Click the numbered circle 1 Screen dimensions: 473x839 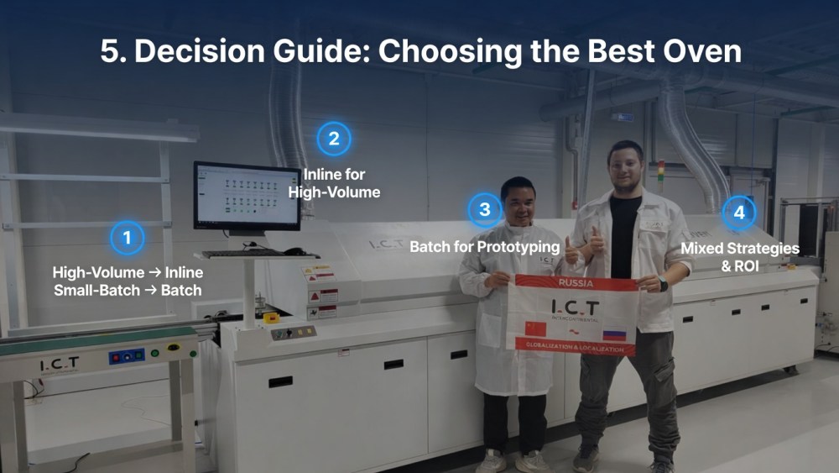pyautogui.click(x=127, y=238)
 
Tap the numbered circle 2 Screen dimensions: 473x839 pyautogui.click(x=334, y=139)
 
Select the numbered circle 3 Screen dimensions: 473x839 pyautogui.click(x=484, y=209)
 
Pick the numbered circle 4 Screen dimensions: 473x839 pyautogui.click(x=738, y=213)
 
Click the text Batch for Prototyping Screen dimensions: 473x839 pyautogui.click(x=484, y=247)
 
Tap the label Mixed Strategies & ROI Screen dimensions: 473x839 pyautogui.click(x=739, y=256)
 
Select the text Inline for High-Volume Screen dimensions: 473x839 pyautogui.click(x=334, y=184)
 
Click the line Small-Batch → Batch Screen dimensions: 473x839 pyautogui.click(x=128, y=290)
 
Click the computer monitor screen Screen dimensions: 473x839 pyautogui.click(x=247, y=195)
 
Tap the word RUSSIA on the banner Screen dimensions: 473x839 pyautogui.click(x=575, y=283)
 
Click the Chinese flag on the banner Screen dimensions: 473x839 pyautogui.click(x=535, y=328)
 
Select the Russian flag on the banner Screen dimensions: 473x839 pyautogui.click(x=614, y=335)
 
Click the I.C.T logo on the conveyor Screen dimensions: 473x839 pyautogui.click(x=60, y=364)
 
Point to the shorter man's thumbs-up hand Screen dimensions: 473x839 pyautogui.click(x=572, y=250)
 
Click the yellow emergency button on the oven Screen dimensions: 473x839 pyautogui.click(x=270, y=318)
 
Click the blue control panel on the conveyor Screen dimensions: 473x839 pyautogui.click(x=127, y=356)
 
